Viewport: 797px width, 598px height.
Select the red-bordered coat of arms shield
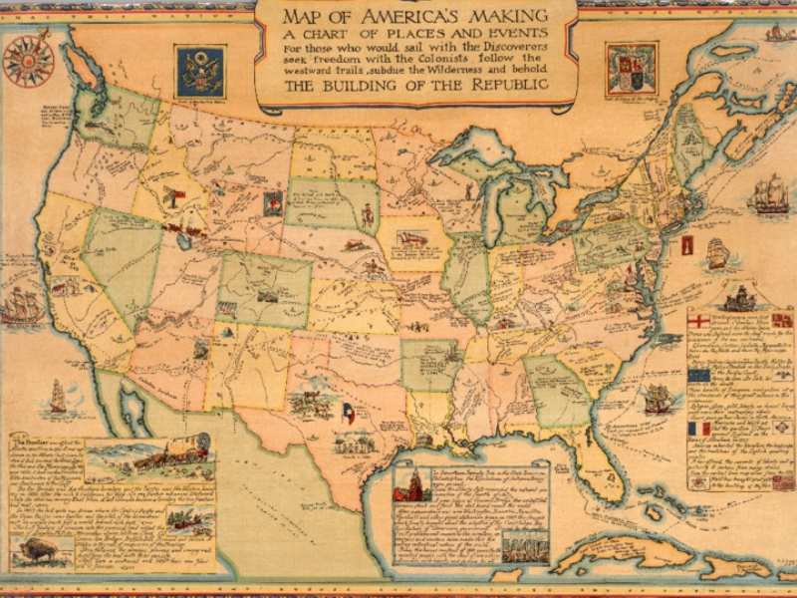click(631, 68)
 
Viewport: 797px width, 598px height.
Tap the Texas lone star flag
click(348, 412)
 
